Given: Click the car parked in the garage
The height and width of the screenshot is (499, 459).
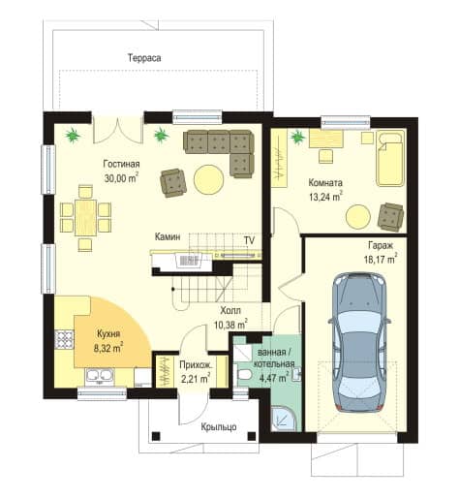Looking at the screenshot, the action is click(359, 342).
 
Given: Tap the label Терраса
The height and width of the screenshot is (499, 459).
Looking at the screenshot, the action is click(144, 58).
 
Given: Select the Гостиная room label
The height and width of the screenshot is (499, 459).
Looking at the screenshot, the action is click(121, 164).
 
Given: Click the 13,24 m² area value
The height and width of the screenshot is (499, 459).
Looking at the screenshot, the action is click(325, 197).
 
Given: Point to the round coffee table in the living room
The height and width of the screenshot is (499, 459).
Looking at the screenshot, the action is click(209, 179).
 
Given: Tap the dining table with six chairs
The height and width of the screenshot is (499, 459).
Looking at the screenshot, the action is click(85, 218).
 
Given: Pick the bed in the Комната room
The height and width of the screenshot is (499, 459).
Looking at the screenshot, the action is click(390, 158).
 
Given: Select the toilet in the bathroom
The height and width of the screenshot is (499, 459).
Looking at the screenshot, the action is click(244, 374).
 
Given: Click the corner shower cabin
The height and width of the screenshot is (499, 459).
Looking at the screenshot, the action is click(283, 419).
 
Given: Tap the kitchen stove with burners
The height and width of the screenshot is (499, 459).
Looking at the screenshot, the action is click(64, 340).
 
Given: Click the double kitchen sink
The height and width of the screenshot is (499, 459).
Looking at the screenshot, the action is click(100, 376).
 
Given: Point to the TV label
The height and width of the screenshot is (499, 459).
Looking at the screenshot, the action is click(249, 240).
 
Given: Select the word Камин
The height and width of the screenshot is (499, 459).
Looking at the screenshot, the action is click(168, 236).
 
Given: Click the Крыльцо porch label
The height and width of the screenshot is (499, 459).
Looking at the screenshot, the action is click(219, 426).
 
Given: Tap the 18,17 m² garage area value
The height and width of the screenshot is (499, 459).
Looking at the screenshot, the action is click(381, 259).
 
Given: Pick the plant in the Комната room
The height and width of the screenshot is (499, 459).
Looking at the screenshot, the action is click(297, 137).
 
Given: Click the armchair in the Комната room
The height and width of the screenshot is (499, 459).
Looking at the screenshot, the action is click(391, 217).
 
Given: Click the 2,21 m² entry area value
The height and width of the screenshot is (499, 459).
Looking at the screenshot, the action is click(196, 378).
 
